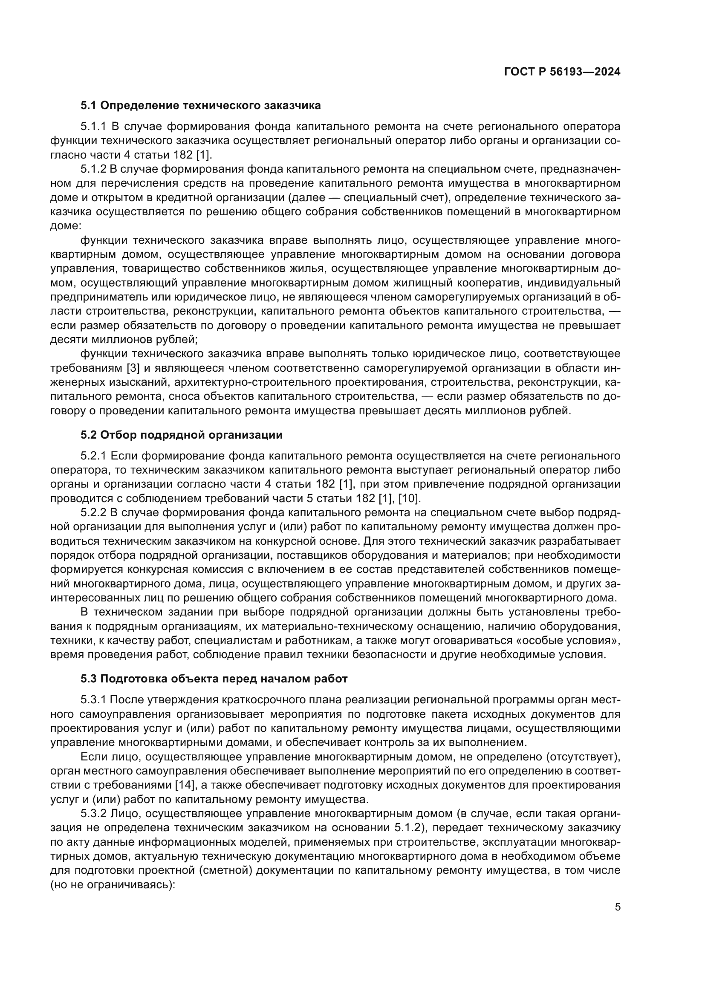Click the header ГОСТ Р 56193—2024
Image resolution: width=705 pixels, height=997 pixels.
tap(562, 72)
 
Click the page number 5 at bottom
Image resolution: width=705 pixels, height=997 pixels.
tap(617, 907)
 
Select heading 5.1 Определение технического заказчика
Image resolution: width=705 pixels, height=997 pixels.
tap(201, 106)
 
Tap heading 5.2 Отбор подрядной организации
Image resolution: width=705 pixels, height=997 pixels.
tap(182, 435)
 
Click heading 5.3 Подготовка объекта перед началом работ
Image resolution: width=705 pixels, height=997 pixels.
tap(214, 679)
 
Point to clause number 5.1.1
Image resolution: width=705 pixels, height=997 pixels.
tap(93, 127)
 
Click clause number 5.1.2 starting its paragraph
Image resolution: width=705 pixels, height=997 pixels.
tap(93, 169)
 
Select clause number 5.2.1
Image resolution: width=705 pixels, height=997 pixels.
tap(93, 456)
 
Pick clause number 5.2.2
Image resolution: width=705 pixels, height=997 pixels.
tap(93, 513)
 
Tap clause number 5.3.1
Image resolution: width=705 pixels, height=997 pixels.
tap(93, 700)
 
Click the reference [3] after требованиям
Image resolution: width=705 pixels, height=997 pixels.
tap(133, 368)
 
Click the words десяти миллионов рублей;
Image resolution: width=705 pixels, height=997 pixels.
tap(124, 340)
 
